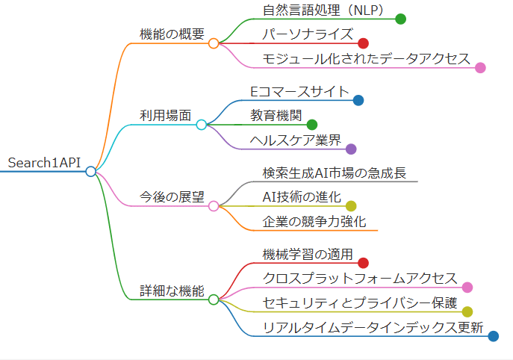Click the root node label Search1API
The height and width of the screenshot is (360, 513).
click(43, 163)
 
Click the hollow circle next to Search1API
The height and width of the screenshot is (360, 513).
click(90, 172)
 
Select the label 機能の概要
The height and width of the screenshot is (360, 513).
click(172, 34)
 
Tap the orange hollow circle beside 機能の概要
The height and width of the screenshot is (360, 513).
click(214, 43)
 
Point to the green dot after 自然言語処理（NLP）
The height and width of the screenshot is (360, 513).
click(400, 19)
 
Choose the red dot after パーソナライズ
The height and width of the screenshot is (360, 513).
click(363, 43)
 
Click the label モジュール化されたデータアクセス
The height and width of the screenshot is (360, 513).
click(366, 58)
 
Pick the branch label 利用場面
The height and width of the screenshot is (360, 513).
click(165, 116)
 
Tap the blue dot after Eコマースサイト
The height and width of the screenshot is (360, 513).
click(358, 100)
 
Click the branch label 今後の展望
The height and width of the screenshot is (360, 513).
click(172, 197)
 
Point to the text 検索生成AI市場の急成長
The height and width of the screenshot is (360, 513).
click(334, 173)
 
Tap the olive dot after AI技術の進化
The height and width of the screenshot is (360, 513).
click(351, 205)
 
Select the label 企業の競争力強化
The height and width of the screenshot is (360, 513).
click(314, 221)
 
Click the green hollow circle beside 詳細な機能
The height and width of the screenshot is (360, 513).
click(214, 300)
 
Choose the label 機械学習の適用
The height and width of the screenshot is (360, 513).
click(307, 254)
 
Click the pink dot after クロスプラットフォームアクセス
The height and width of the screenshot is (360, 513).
click(467, 287)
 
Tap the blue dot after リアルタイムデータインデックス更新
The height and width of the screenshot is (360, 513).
click(493, 336)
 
